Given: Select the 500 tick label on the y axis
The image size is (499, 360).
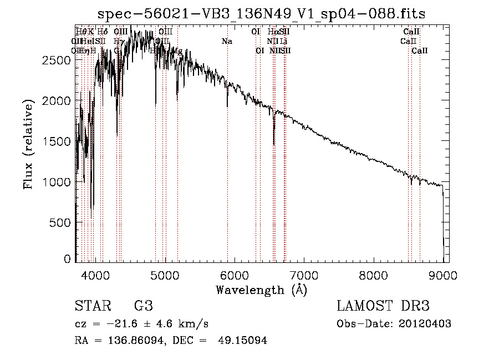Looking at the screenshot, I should coord(60,222).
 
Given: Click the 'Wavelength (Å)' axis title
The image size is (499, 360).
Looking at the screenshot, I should coord(261,290).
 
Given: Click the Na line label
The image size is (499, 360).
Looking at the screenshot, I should coord(227,41).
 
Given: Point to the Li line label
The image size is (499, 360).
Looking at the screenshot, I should coord(283,41).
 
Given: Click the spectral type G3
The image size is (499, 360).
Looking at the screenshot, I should coord(143,306).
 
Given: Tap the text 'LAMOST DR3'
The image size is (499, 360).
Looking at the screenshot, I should coord(383,306).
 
